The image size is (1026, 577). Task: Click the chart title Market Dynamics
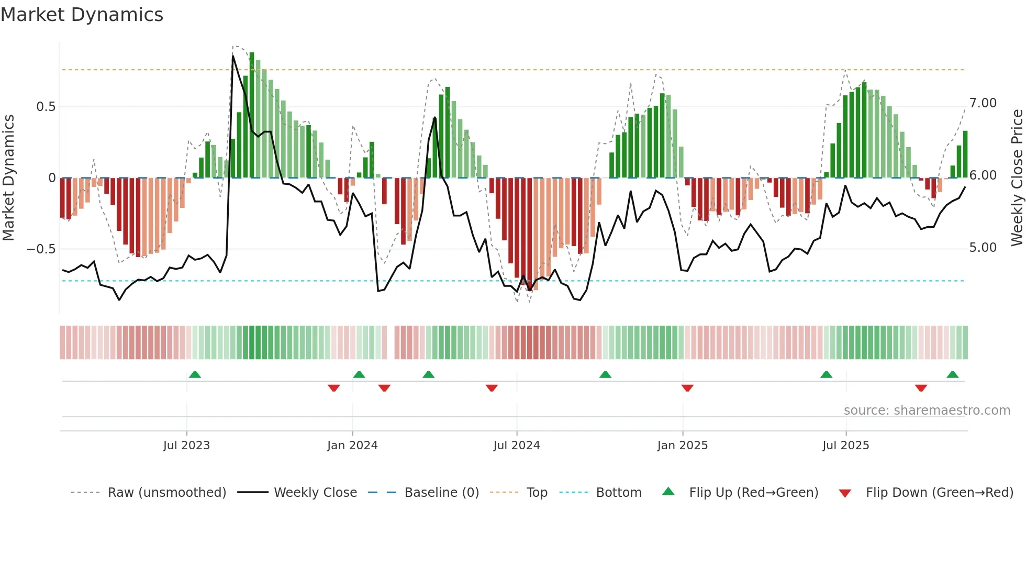coord(82,15)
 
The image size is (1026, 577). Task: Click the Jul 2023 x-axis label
coord(186,446)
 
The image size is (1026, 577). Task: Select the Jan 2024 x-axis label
coord(352,446)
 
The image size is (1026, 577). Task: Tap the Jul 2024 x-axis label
coord(516,446)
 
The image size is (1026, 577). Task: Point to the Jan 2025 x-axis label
coord(682,446)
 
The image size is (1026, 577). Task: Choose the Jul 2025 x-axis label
coord(845,446)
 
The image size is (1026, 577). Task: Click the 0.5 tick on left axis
coord(46,107)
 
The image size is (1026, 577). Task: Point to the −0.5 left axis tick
coord(41,249)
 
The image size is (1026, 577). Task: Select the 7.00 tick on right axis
coord(983,103)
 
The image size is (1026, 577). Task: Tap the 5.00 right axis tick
coord(983,248)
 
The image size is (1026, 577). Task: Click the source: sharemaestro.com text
coord(927,410)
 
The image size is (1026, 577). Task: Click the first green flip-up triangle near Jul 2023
coord(195,374)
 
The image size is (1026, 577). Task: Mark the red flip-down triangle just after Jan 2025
coord(687,388)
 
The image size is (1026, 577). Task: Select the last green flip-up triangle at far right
coord(952,374)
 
